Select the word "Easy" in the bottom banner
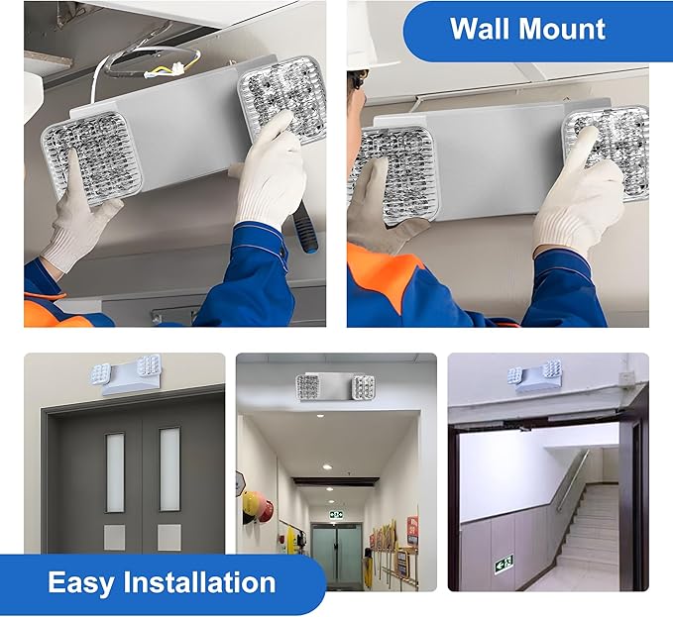point(81,583)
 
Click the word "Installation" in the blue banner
point(199,581)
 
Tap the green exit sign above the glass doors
point(336,514)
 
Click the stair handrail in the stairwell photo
point(572,480)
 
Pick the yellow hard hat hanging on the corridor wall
point(249,503)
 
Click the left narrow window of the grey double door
point(115,472)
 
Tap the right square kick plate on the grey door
point(168,537)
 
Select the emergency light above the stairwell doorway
point(534,376)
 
